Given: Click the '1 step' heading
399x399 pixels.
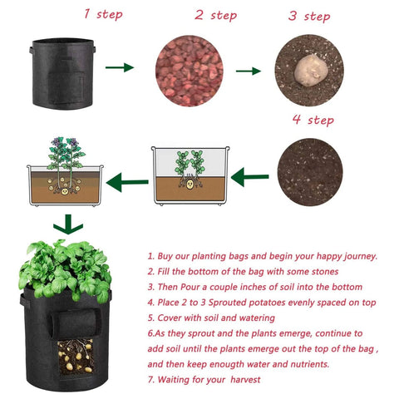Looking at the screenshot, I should (103, 14).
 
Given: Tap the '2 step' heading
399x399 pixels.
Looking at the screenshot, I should (215, 15).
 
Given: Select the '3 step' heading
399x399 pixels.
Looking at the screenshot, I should (309, 16).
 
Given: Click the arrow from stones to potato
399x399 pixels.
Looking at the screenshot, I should (248, 71).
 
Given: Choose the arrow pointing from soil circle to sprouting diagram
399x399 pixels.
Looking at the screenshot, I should (250, 177).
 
